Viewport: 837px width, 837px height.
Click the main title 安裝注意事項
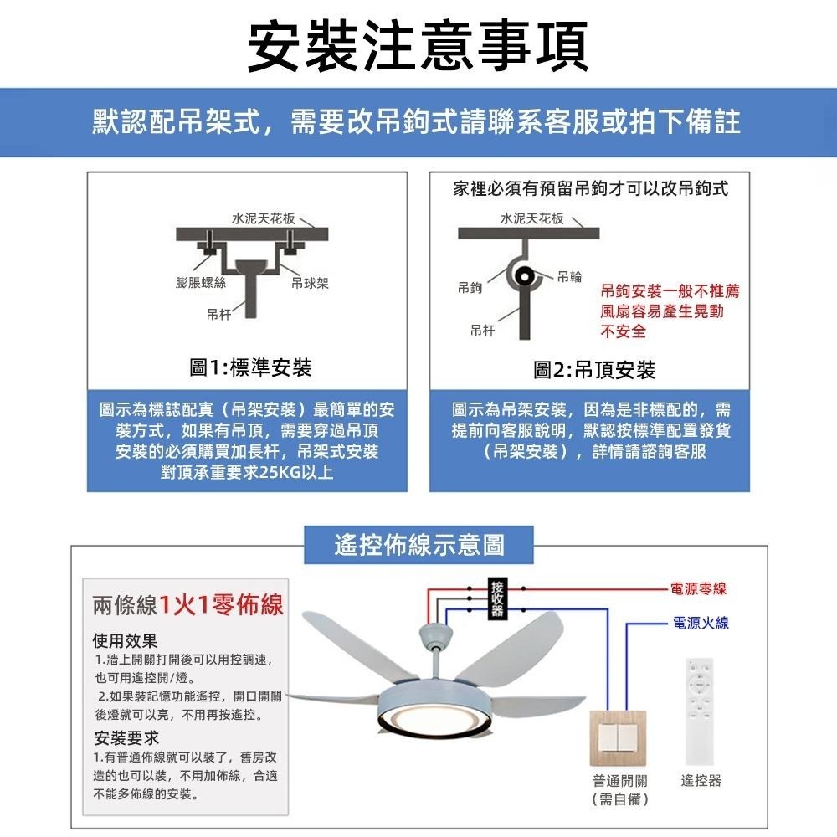click(x=418, y=44)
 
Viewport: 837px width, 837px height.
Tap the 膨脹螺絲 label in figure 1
click(x=201, y=283)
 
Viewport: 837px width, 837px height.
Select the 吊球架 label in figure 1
click(x=309, y=283)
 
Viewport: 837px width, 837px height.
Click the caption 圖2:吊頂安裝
click(x=594, y=369)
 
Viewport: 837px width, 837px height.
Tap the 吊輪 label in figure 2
click(x=569, y=276)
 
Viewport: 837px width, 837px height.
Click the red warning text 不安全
click(x=624, y=331)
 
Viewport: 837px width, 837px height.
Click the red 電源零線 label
click(x=698, y=589)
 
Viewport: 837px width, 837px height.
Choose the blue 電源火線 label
click(x=700, y=623)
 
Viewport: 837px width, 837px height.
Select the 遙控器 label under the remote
click(x=701, y=781)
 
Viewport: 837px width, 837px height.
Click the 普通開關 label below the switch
click(x=620, y=781)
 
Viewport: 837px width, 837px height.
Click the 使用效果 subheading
click(x=125, y=641)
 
